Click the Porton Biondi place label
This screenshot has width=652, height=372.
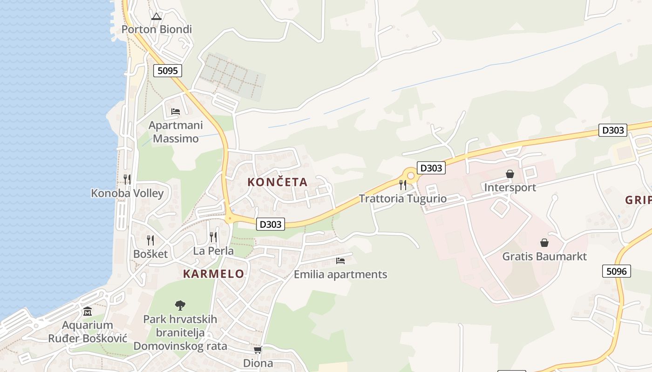tap(156, 29)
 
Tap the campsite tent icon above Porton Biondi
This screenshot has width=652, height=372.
tap(156, 17)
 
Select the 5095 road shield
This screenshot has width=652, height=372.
tap(167, 71)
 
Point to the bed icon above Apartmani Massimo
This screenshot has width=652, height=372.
tap(176, 112)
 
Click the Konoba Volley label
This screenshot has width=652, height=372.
tap(127, 193)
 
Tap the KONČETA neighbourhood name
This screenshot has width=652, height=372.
tap(278, 182)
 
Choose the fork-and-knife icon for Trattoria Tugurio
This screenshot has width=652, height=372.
tap(403, 185)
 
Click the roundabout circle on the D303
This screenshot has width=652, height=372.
tap(410, 176)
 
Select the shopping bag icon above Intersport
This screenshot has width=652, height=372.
tap(510, 174)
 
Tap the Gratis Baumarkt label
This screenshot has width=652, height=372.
tap(544, 256)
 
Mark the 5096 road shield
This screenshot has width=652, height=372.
tap(617, 271)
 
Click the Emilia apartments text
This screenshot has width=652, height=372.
tap(340, 274)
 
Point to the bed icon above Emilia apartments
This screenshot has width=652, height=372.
tap(340, 261)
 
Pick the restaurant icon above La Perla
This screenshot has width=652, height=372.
tap(213, 237)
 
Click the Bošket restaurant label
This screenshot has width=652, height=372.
tap(150, 254)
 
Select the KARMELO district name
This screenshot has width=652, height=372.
tap(214, 274)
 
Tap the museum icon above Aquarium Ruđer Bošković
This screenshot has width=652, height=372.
tap(88, 311)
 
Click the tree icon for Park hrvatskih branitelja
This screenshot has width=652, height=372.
tap(180, 306)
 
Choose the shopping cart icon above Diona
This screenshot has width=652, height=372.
tap(258, 350)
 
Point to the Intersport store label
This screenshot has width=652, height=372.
tap(510, 187)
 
